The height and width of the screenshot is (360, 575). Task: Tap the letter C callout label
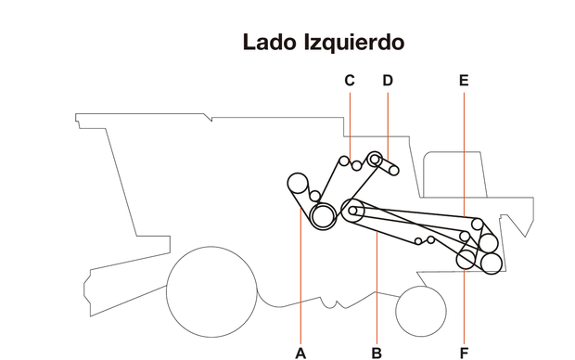click(x=350, y=81)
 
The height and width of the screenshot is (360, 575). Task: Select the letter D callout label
click(x=388, y=81)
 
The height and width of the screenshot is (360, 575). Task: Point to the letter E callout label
click(x=464, y=81)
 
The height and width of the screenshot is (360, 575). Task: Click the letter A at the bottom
click(x=300, y=352)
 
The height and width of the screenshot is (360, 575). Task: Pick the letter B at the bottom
click(x=377, y=352)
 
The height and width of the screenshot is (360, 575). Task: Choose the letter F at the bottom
click(x=464, y=352)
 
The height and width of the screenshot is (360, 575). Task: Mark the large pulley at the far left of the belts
click(x=299, y=183)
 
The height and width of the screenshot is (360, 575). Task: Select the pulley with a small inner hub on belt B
click(x=353, y=211)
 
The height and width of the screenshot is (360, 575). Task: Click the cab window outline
click(x=455, y=176)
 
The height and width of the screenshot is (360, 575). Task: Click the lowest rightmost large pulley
click(x=491, y=262)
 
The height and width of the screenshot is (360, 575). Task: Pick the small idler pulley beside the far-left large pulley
click(x=315, y=196)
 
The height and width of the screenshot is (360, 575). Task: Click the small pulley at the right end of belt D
click(x=394, y=171)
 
